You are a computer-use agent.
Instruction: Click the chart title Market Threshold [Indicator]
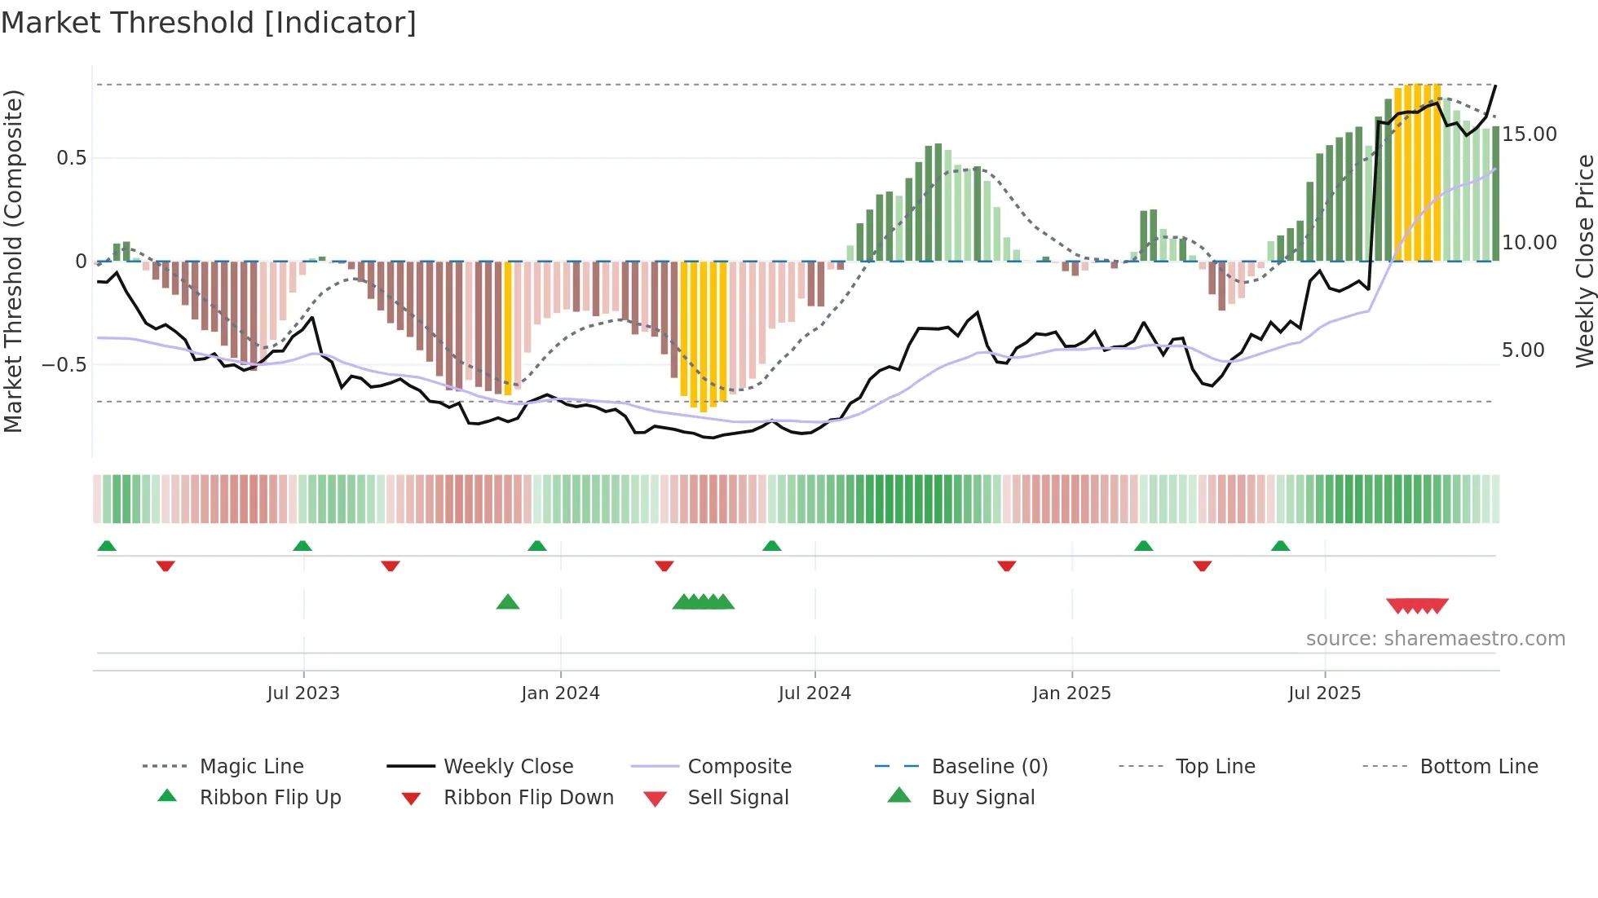pos(209,23)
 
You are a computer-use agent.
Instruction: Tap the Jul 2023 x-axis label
pos(303,693)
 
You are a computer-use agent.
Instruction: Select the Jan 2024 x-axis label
pos(560,693)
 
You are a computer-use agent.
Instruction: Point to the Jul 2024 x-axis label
pos(814,693)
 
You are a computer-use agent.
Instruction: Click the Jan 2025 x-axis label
pos(1071,693)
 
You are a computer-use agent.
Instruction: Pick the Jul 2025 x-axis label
pos(1325,693)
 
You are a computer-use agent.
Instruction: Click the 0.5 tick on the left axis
pos(71,158)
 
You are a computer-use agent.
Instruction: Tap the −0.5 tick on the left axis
pos(64,364)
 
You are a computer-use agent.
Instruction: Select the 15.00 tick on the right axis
pos(1530,134)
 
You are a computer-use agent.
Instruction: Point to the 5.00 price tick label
pos(1523,350)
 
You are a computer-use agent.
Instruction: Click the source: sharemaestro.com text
pos(1435,639)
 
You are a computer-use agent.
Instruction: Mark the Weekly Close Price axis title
pos(1584,261)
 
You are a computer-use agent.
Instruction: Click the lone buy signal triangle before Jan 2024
pos(508,602)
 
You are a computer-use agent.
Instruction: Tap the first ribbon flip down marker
pos(166,566)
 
